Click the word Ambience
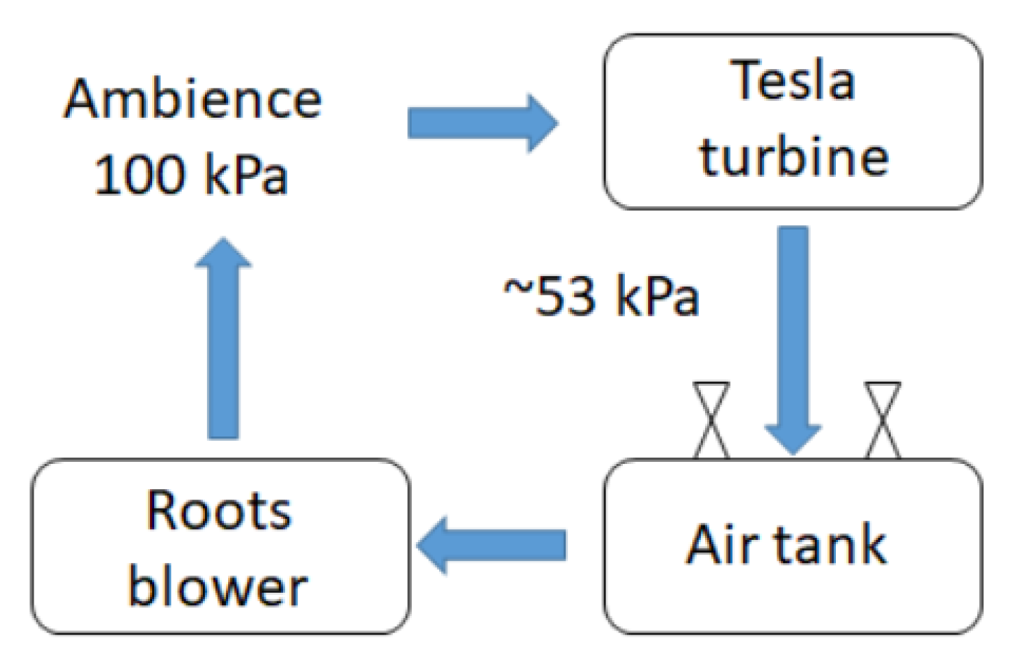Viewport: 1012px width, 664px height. pyautogui.click(x=193, y=99)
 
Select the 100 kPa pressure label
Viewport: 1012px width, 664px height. pyautogui.click(x=190, y=175)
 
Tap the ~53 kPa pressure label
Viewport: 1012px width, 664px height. pyautogui.click(x=601, y=296)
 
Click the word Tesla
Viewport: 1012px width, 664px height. pyautogui.click(x=793, y=81)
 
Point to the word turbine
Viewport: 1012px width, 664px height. pyautogui.click(x=793, y=156)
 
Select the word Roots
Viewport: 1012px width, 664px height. pyautogui.click(x=219, y=511)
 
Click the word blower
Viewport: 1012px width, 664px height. pyautogui.click(x=218, y=587)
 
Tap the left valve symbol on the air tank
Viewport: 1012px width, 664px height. pyautogui.click(x=711, y=420)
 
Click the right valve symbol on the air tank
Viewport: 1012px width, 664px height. pyautogui.click(x=883, y=420)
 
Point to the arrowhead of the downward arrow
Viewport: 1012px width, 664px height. pyautogui.click(x=793, y=439)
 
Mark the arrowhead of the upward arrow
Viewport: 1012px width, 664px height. pyautogui.click(x=223, y=254)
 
